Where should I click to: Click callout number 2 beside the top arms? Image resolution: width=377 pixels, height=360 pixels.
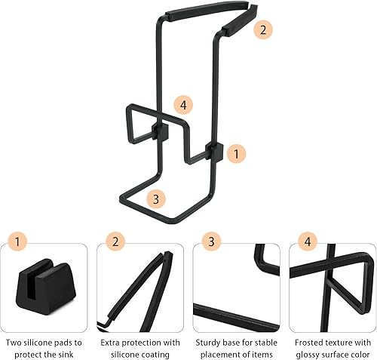pos(262,30)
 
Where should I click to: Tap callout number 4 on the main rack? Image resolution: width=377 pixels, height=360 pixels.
pos(183,105)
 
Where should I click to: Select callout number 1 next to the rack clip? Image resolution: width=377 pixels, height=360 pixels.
pos(236,153)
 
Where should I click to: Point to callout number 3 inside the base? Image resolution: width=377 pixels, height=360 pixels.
pos(156,199)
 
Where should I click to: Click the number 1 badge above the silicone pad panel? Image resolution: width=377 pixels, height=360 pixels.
pos(17,242)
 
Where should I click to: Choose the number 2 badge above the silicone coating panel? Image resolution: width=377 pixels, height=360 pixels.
pos(115,242)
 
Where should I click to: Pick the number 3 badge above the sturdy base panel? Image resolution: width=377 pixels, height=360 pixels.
pos(211,242)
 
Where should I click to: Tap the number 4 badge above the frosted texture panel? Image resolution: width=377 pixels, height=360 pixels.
pos(308,242)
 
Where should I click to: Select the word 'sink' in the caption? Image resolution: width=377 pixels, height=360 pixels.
pos(66,355)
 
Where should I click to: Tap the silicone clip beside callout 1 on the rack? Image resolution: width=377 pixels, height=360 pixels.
pos(215,152)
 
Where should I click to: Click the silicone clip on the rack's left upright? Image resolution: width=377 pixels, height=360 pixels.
pos(160,131)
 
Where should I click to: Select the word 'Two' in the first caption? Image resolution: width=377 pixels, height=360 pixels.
pos(12,343)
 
